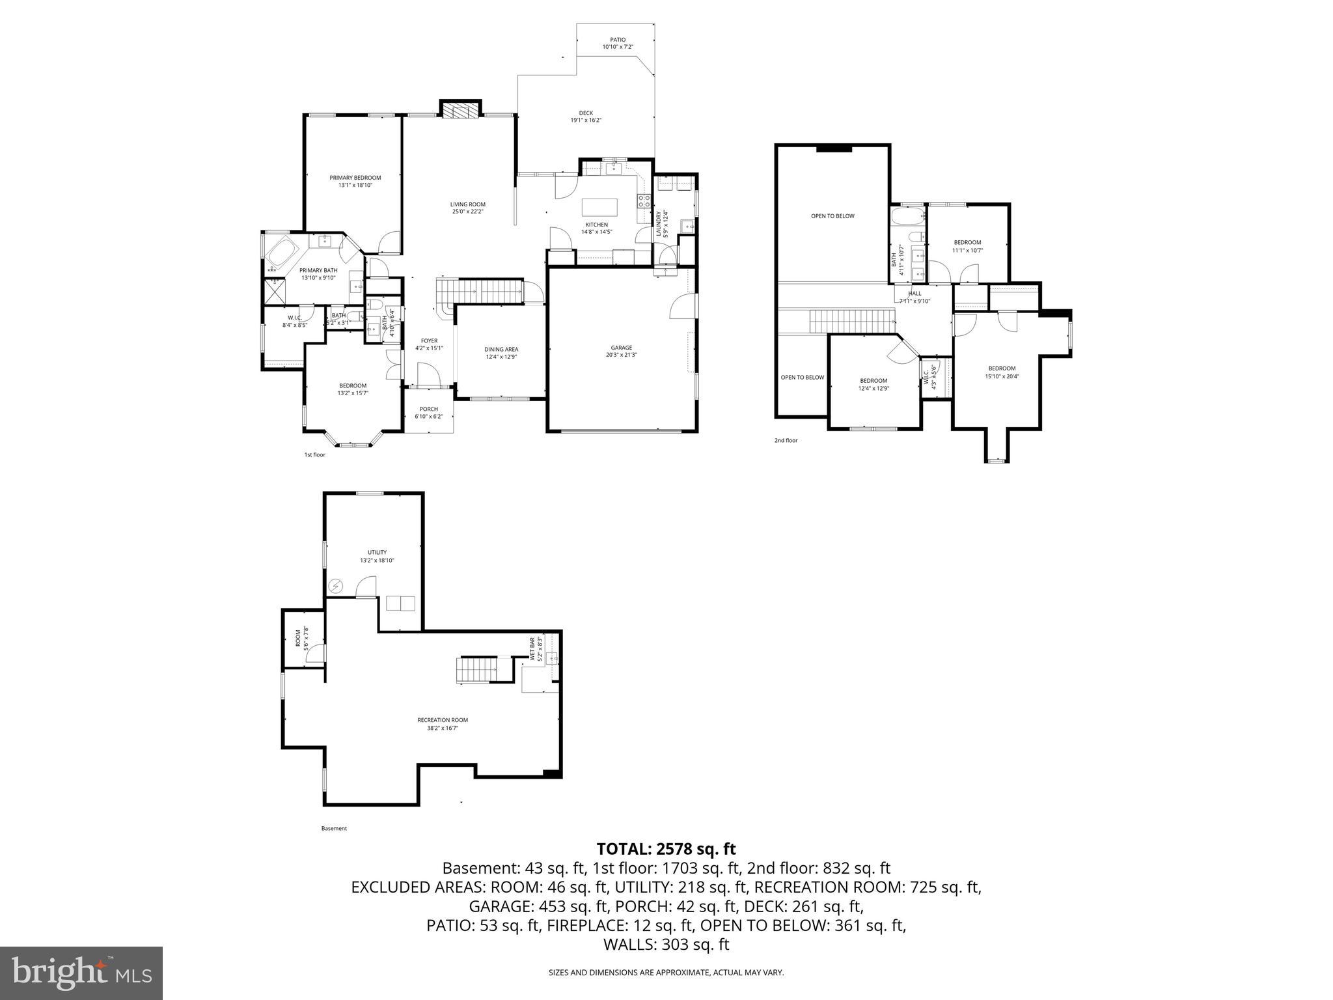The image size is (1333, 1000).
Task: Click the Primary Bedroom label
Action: click(x=355, y=178)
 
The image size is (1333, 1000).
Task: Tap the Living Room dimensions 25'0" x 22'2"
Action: click(x=467, y=212)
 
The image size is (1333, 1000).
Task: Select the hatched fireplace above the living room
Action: click(x=461, y=109)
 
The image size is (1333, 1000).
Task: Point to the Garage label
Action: click(x=621, y=348)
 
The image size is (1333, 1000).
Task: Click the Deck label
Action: click(x=586, y=113)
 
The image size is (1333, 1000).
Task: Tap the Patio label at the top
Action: click(x=617, y=40)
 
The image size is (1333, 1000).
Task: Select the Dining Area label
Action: click(x=501, y=349)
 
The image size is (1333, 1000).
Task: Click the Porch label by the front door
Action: click(x=428, y=409)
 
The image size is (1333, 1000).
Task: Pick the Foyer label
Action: click(x=429, y=340)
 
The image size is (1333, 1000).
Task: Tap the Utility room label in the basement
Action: click(x=377, y=552)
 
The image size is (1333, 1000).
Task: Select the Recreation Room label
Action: click(x=443, y=720)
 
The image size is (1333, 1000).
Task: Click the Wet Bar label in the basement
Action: click(x=532, y=649)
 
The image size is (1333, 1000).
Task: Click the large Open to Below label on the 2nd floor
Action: click(x=832, y=216)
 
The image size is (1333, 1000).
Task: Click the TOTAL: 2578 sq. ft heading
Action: click(x=666, y=849)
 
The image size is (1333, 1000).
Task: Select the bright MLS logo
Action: click(x=81, y=973)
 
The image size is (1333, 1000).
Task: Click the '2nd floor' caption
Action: click(x=786, y=441)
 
